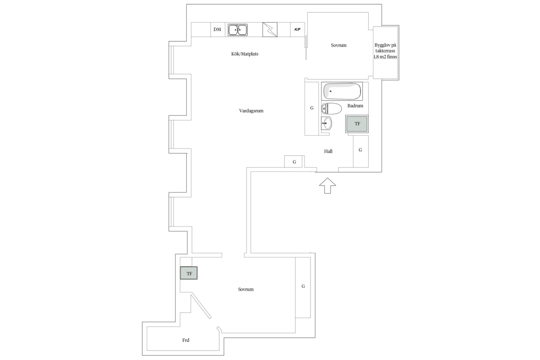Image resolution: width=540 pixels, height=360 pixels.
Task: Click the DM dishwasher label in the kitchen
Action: coord(217,29)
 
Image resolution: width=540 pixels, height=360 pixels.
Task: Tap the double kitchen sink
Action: coord(238,30)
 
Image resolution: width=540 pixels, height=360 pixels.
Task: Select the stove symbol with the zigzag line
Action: coord(270,30)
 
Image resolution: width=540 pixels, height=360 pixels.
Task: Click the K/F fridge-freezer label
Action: coord(297,30)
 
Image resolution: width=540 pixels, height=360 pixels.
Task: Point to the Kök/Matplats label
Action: coord(245,54)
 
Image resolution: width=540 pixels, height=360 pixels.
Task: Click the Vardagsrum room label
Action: coord(251,111)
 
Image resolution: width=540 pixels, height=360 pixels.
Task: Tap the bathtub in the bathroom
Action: coord(342,91)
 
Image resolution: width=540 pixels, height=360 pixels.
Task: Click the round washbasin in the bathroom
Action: coord(327,123)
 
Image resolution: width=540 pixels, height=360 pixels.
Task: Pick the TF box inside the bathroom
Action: coord(357,124)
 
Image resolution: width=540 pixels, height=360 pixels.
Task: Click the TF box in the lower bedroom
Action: coord(189,273)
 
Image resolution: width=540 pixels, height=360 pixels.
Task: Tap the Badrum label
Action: coord(355,106)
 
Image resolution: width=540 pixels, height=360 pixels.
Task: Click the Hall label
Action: coord(328,151)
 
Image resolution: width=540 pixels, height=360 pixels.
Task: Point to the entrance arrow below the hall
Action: coord(328,186)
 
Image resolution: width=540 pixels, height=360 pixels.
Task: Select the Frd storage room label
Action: coord(186,340)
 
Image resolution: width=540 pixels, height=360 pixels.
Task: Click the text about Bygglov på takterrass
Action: coord(385,51)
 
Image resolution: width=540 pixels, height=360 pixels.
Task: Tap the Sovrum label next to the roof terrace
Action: coord(339,45)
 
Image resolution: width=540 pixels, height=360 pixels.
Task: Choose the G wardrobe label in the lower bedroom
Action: coord(303,286)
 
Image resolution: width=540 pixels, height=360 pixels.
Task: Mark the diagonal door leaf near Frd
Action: coord(201,306)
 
